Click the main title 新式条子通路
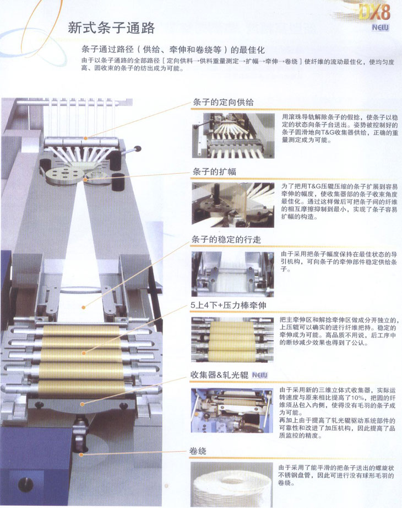click(x=111, y=28)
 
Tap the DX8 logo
click(x=374, y=13)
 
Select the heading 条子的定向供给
click(x=223, y=103)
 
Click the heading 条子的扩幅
click(x=214, y=172)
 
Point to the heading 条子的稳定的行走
click(x=226, y=239)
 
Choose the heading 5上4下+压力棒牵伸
click(x=229, y=306)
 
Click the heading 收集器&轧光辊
click(x=219, y=375)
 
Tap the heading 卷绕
click(x=198, y=451)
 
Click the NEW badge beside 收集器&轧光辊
click(x=260, y=375)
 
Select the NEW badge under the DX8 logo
click(x=380, y=28)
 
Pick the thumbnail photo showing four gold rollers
click(x=232, y=340)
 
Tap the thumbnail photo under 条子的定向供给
click(x=233, y=136)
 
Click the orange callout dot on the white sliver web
click(x=84, y=307)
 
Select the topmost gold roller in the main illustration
click(x=81, y=331)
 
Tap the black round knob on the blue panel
click(x=25, y=485)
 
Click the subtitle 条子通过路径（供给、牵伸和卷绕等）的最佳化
click(x=173, y=50)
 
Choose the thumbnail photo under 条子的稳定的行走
click(x=232, y=274)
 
